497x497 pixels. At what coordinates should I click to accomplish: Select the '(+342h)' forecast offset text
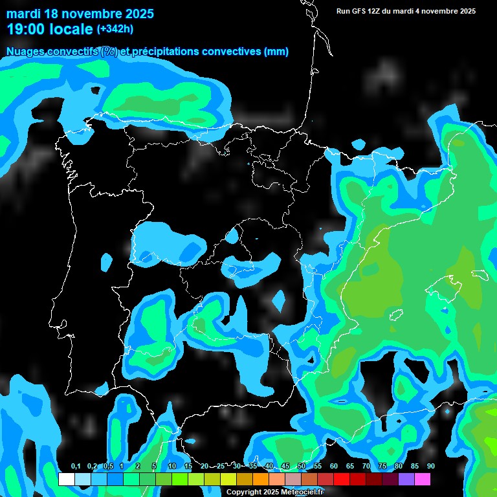[x=115, y=29]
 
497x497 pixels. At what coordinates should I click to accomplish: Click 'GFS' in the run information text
[x=360, y=11]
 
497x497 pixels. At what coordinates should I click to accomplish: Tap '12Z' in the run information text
[x=379, y=11]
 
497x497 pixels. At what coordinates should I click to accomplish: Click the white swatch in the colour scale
[x=66, y=480]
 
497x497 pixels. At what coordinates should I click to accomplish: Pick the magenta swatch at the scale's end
[x=423, y=480]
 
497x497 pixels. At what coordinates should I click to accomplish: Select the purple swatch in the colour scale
[x=406, y=480]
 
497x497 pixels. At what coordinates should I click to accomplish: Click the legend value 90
[x=430, y=467]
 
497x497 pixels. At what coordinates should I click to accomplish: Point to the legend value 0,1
[x=75, y=467]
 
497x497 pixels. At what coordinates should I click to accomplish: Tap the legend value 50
[x=302, y=467]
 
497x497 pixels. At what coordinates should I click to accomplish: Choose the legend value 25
[x=221, y=467]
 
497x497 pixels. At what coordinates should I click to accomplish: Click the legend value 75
[x=382, y=467]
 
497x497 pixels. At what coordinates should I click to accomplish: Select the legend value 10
[x=172, y=467]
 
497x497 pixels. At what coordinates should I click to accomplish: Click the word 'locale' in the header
[x=71, y=29]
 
